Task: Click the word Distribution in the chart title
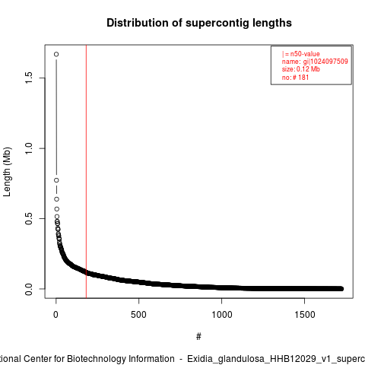coord(138,23)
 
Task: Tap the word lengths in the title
coord(272,24)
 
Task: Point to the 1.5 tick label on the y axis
coord(29,78)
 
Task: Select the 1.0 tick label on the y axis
coord(29,148)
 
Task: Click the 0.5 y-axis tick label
coord(29,218)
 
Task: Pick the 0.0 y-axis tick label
coord(29,289)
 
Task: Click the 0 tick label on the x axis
coord(56,315)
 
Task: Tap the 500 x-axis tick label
coord(138,315)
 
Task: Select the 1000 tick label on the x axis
coord(222,315)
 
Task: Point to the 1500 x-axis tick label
coord(305,315)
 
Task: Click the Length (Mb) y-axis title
coord(7,172)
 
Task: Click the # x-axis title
coord(198,337)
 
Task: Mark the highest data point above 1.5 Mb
coord(56,54)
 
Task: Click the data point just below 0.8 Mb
coord(56,180)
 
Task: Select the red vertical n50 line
coord(87,171)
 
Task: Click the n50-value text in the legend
coord(305,54)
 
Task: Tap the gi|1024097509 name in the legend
coord(325,62)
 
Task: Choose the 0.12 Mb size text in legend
coord(308,69)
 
